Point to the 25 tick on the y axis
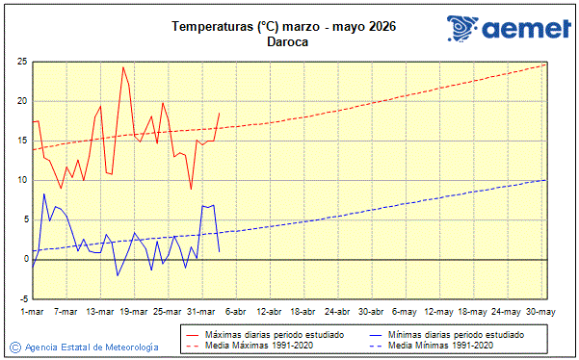(x=20, y=62)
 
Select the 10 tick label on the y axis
(x=20, y=180)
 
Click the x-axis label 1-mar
(x=32, y=312)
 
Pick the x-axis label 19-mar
(x=134, y=312)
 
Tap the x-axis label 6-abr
(x=236, y=312)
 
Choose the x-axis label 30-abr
(x=372, y=312)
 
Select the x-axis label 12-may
(x=440, y=312)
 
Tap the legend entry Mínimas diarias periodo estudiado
(x=456, y=334)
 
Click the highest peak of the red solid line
(x=123, y=67)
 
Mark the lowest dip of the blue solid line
(x=118, y=275)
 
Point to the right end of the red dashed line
(x=546, y=64)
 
